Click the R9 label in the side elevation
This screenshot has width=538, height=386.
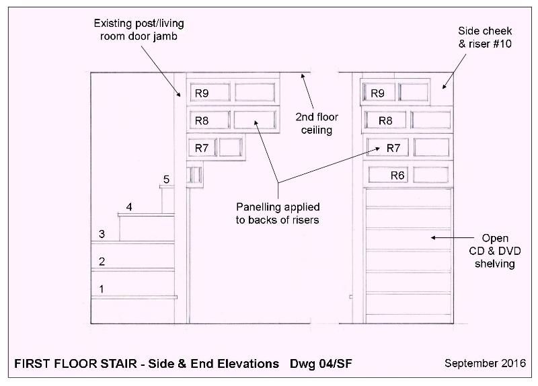coord(202,93)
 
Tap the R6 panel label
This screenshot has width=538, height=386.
coord(397,176)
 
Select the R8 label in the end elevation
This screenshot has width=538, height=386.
coord(385,121)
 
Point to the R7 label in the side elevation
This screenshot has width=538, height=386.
coord(202,148)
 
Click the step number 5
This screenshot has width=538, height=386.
coord(166,180)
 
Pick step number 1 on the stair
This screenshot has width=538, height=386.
coord(102,289)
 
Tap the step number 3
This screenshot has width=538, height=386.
coord(102,234)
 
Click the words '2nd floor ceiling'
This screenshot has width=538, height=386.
coord(317,124)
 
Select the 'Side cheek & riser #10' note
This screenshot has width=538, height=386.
coord(485,38)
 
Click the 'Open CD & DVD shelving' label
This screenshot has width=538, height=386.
coord(495,251)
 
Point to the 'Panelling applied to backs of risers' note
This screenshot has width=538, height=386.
coord(278,213)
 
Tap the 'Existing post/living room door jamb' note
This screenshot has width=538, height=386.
coord(139,30)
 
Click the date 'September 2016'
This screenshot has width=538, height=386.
coord(485,363)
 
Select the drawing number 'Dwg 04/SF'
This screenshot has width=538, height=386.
coord(321,364)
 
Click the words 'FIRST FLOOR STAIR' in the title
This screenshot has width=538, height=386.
coord(75,364)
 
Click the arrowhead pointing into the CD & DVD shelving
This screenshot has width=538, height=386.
coord(434,237)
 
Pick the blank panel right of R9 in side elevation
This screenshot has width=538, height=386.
coord(255,92)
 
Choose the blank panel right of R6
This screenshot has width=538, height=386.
coord(431,175)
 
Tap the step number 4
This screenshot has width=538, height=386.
coord(129,207)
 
